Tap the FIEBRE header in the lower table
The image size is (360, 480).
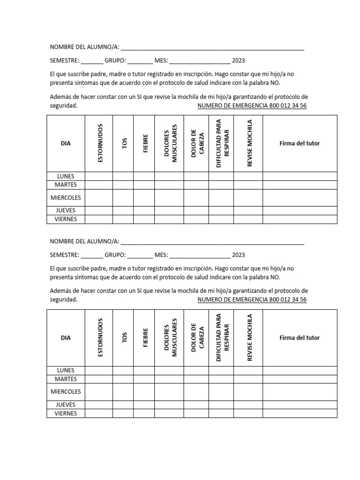tap(145, 337)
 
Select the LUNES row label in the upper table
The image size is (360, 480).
tap(66, 176)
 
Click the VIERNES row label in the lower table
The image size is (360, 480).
tap(66, 413)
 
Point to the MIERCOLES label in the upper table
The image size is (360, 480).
tap(66, 198)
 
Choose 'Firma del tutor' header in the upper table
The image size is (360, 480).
tap(300, 143)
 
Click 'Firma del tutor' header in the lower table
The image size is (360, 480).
tap(300, 337)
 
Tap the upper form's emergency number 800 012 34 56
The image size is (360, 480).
tap(252, 105)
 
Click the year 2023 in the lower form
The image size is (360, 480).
tap(238, 255)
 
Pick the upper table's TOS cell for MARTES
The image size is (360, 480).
tap(123, 185)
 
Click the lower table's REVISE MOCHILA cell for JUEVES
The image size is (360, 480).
tap(248, 405)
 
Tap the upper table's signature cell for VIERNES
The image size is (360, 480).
tap(300, 219)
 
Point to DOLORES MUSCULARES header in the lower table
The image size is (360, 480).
tap(169, 337)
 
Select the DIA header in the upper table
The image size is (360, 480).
tap(66, 143)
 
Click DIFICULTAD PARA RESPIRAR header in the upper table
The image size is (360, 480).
tap(221, 143)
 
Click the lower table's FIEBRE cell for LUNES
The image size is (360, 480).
tap(144, 370)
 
